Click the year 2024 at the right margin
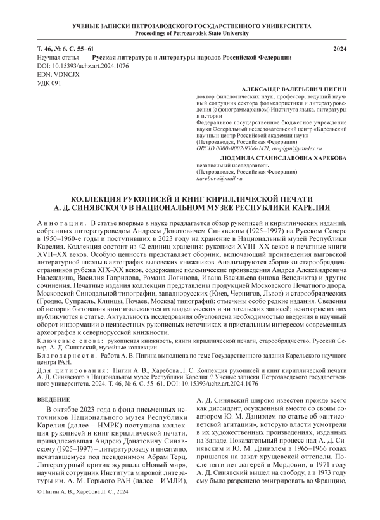[341, 49]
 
